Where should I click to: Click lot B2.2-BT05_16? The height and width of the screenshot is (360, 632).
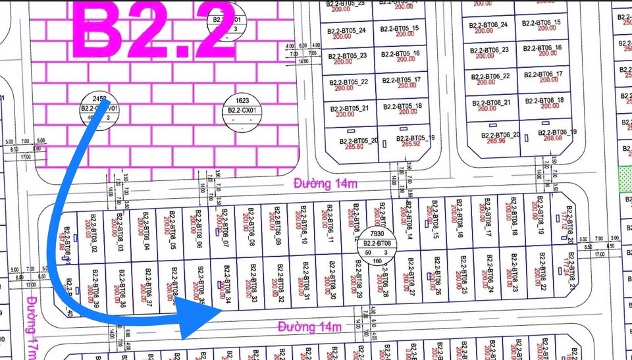click(402, 57)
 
